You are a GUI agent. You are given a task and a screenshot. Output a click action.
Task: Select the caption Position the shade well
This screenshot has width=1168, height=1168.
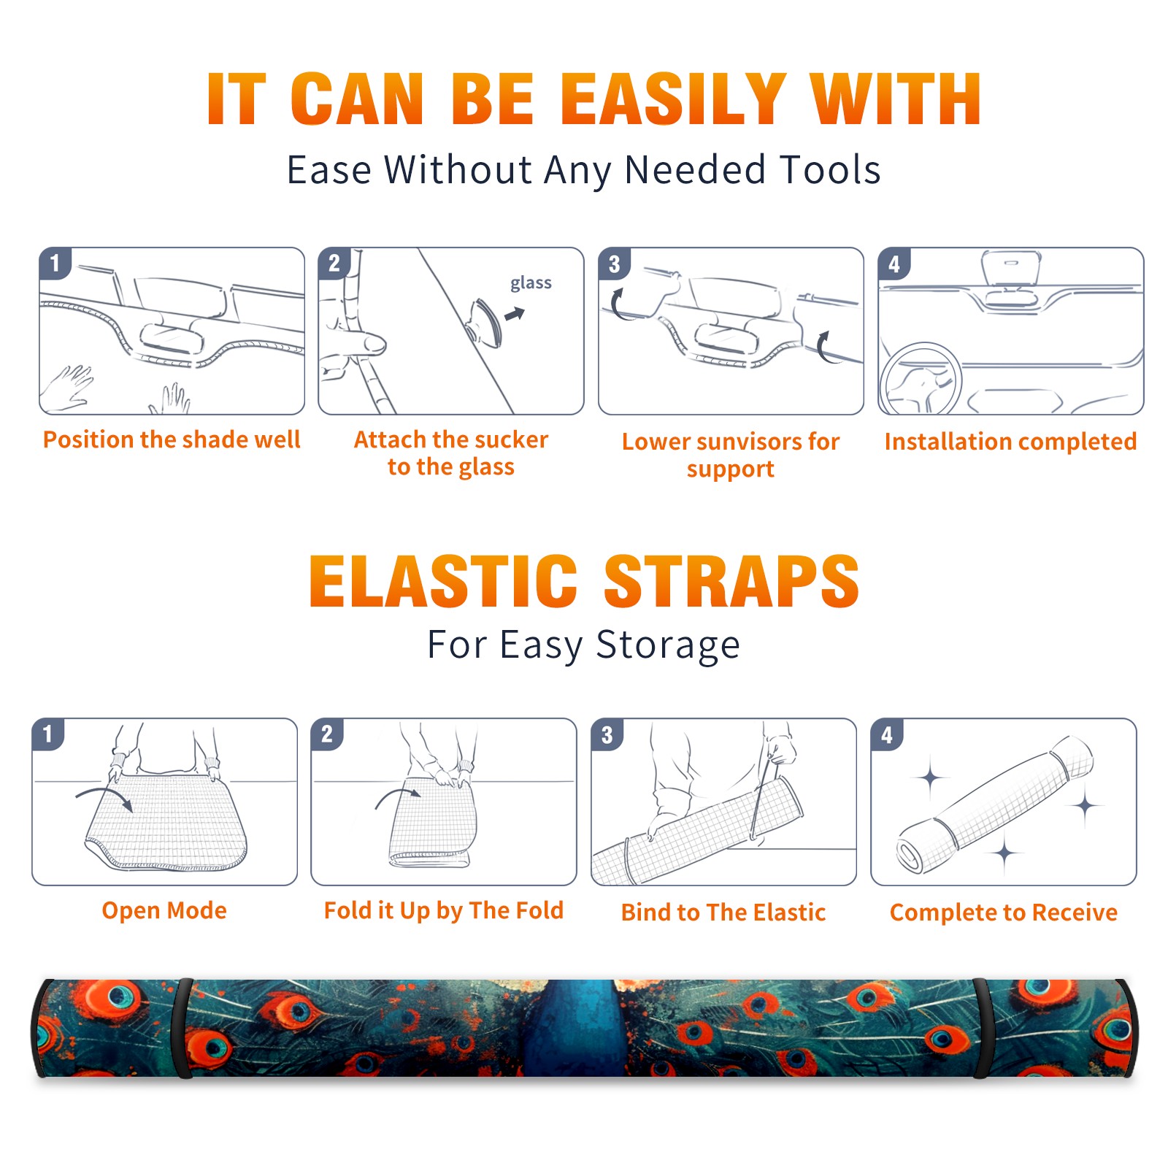172,439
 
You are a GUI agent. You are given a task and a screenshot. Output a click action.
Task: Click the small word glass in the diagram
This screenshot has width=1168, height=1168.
531,283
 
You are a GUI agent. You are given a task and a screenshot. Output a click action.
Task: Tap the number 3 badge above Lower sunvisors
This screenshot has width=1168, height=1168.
615,264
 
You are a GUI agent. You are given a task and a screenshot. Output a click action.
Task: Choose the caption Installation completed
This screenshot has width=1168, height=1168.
1010,442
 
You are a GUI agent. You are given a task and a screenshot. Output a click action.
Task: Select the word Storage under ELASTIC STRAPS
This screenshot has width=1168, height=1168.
668,645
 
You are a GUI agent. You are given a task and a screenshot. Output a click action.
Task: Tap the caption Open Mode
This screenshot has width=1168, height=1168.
164,911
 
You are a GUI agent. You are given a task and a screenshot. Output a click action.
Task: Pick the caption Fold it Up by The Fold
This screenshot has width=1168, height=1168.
444,911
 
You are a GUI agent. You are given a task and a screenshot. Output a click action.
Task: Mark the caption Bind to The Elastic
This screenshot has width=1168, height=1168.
723,912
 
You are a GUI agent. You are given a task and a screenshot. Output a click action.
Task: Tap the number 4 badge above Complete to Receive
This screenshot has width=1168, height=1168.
887,734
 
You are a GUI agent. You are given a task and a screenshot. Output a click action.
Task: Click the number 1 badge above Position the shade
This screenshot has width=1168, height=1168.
55,263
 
